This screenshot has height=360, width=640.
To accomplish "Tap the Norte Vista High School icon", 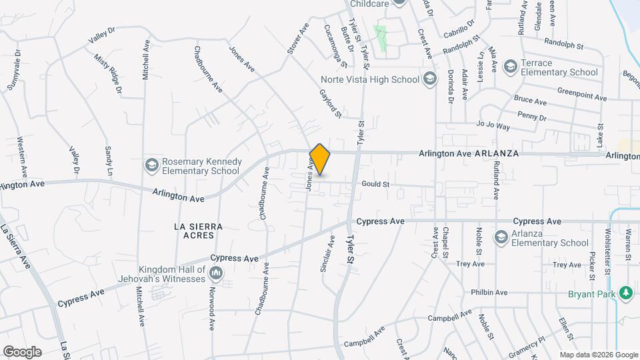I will pyautogui.click(x=430, y=79).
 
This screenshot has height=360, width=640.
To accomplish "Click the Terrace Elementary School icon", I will pyautogui.click(x=510, y=66).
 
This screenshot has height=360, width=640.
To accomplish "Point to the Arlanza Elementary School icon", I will pyautogui.click(x=501, y=237).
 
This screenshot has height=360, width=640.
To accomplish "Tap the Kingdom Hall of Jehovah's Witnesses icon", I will pyautogui.click(x=215, y=273).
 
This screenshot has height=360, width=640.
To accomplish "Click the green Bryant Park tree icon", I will pyautogui.click(x=625, y=293).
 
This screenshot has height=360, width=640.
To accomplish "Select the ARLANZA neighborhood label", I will pyautogui.click(x=497, y=153).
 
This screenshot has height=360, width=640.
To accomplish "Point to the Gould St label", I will pyautogui.click(x=375, y=184).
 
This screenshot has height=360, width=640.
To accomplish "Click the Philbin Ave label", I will pyautogui.click(x=489, y=292).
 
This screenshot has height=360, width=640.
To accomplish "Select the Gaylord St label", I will pyautogui.click(x=331, y=104).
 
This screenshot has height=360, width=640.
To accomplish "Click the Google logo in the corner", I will pyautogui.click(x=22, y=351).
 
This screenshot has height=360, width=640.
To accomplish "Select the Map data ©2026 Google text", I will pyautogui.click(x=599, y=355).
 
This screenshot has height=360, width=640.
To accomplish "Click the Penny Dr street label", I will pyautogui.click(x=531, y=117).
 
